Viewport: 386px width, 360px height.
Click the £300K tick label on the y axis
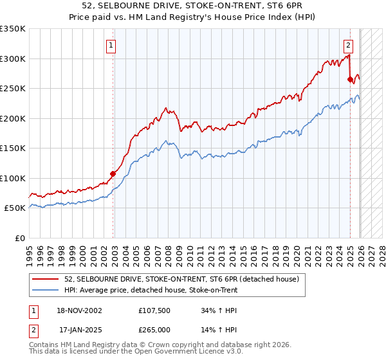point(13,59)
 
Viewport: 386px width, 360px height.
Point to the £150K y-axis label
point(13,148)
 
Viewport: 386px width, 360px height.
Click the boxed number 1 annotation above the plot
point(112,46)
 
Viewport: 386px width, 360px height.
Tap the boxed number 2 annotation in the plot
point(348,46)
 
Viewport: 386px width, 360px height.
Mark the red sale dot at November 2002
point(113,174)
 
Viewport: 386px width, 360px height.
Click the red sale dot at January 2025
point(350,80)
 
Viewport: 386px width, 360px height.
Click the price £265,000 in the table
point(154,330)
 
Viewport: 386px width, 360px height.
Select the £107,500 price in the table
point(154,310)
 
